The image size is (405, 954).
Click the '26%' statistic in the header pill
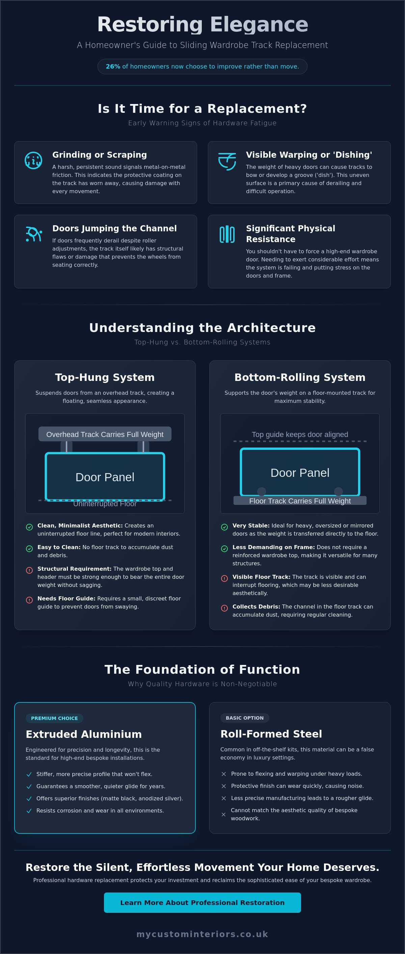113,67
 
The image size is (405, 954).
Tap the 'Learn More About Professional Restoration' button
202,903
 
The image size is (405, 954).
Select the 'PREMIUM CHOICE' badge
54,718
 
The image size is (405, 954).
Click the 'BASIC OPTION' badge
245,718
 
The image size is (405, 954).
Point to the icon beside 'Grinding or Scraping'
33,160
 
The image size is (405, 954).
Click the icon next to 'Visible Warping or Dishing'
227,161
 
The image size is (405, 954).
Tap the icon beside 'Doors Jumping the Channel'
34,234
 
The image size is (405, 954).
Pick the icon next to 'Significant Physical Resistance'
227,234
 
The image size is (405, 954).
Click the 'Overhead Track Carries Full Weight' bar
105,434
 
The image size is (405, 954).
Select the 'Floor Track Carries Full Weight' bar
300,501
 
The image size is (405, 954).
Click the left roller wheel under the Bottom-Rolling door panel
261,491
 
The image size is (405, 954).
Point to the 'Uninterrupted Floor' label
105,504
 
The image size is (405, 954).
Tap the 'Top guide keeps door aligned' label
300,434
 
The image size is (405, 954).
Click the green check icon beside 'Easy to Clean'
29,548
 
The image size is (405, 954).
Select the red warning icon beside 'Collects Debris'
224,608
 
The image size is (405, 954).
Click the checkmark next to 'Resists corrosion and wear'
29,811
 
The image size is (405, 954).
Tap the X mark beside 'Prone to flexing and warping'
224,774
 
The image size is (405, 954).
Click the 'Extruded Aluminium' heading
84,734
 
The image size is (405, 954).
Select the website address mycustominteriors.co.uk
202,934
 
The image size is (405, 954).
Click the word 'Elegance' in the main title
259,24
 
